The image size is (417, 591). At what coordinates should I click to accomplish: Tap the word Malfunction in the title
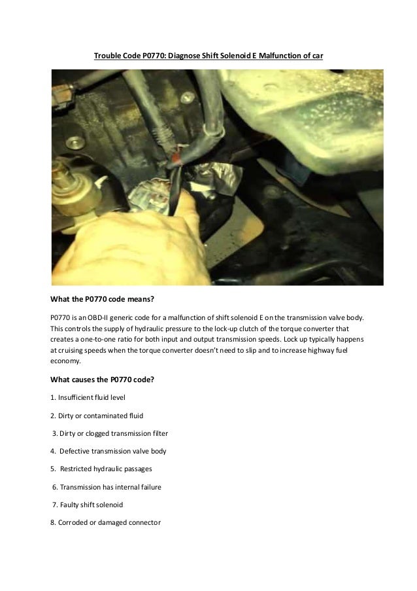tap(282, 57)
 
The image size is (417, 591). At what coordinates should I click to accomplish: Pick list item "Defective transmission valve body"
tap(112, 452)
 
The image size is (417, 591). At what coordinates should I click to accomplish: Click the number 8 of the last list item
tap(52, 523)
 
